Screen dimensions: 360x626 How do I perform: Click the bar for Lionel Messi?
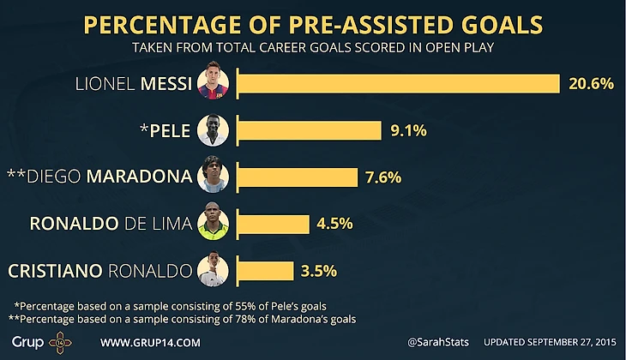coord(398,83)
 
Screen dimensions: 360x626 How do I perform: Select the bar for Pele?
coord(309,130)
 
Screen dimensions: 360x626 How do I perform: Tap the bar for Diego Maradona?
coord(297,177)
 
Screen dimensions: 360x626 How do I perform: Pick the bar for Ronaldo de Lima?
coord(273,224)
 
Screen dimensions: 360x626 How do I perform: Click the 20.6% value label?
coord(590,83)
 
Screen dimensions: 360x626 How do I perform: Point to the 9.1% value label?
coord(406,130)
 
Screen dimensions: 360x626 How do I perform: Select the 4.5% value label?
coord(334,224)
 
